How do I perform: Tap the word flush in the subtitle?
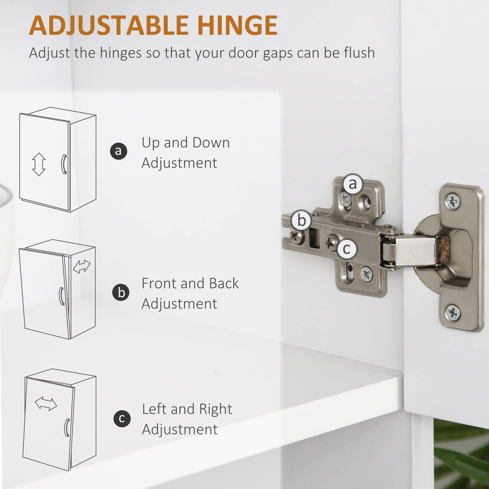[359, 53]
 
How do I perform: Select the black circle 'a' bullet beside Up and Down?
[118, 151]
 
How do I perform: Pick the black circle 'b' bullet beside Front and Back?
[121, 292]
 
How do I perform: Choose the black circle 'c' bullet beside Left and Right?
[122, 419]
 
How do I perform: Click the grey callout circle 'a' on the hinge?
[353, 184]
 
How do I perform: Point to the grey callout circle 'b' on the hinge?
[301, 220]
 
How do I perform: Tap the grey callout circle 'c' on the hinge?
[347, 249]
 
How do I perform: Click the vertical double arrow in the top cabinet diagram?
[39, 164]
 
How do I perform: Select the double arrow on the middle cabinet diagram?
[82, 266]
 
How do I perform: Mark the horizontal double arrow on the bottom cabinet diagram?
[46, 404]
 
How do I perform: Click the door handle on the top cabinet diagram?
[64, 164]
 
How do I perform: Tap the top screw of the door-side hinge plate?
[453, 202]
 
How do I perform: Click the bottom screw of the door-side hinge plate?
[453, 313]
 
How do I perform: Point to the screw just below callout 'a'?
[345, 199]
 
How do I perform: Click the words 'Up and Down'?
[186, 143]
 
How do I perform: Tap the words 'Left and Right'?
[187, 409]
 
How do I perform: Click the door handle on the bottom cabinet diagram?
[67, 427]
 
